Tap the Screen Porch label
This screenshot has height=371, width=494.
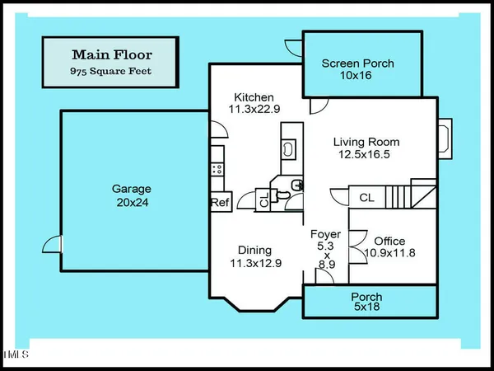pyautogui.click(x=357, y=63)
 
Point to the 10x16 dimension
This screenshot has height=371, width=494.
pyautogui.click(x=357, y=77)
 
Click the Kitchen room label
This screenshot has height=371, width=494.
pyautogui.click(x=254, y=96)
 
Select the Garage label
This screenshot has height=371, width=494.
pyautogui.click(x=132, y=188)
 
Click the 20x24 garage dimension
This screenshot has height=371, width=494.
pyautogui.click(x=132, y=202)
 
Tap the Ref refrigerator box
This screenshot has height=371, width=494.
pyautogui.click(x=220, y=203)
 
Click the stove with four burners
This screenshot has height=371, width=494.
pyautogui.click(x=217, y=167)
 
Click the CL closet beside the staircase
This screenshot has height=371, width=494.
pyautogui.click(x=367, y=198)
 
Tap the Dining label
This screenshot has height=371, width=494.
pyautogui.click(x=254, y=250)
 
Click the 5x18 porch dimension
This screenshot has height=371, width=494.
pyautogui.click(x=366, y=310)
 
